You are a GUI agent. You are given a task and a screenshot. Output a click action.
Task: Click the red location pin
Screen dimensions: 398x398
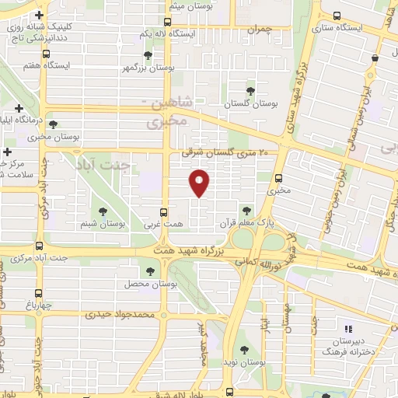pyautogui.click(x=201, y=183)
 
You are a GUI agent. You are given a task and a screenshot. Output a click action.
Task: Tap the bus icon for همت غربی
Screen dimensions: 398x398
pyautogui.click(x=163, y=211)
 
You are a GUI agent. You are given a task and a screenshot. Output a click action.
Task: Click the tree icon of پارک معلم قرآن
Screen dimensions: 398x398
pyautogui.click(x=246, y=210)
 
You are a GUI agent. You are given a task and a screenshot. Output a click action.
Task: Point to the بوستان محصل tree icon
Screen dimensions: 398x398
pyautogui.click(x=150, y=271)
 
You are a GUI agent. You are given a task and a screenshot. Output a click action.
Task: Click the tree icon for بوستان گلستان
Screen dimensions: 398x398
pyautogui.click(x=250, y=90)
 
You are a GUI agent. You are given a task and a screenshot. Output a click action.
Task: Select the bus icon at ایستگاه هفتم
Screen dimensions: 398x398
pyautogui.click(x=48, y=54)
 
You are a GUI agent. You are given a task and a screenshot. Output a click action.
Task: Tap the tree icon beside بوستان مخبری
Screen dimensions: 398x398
pyautogui.click(x=54, y=124)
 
